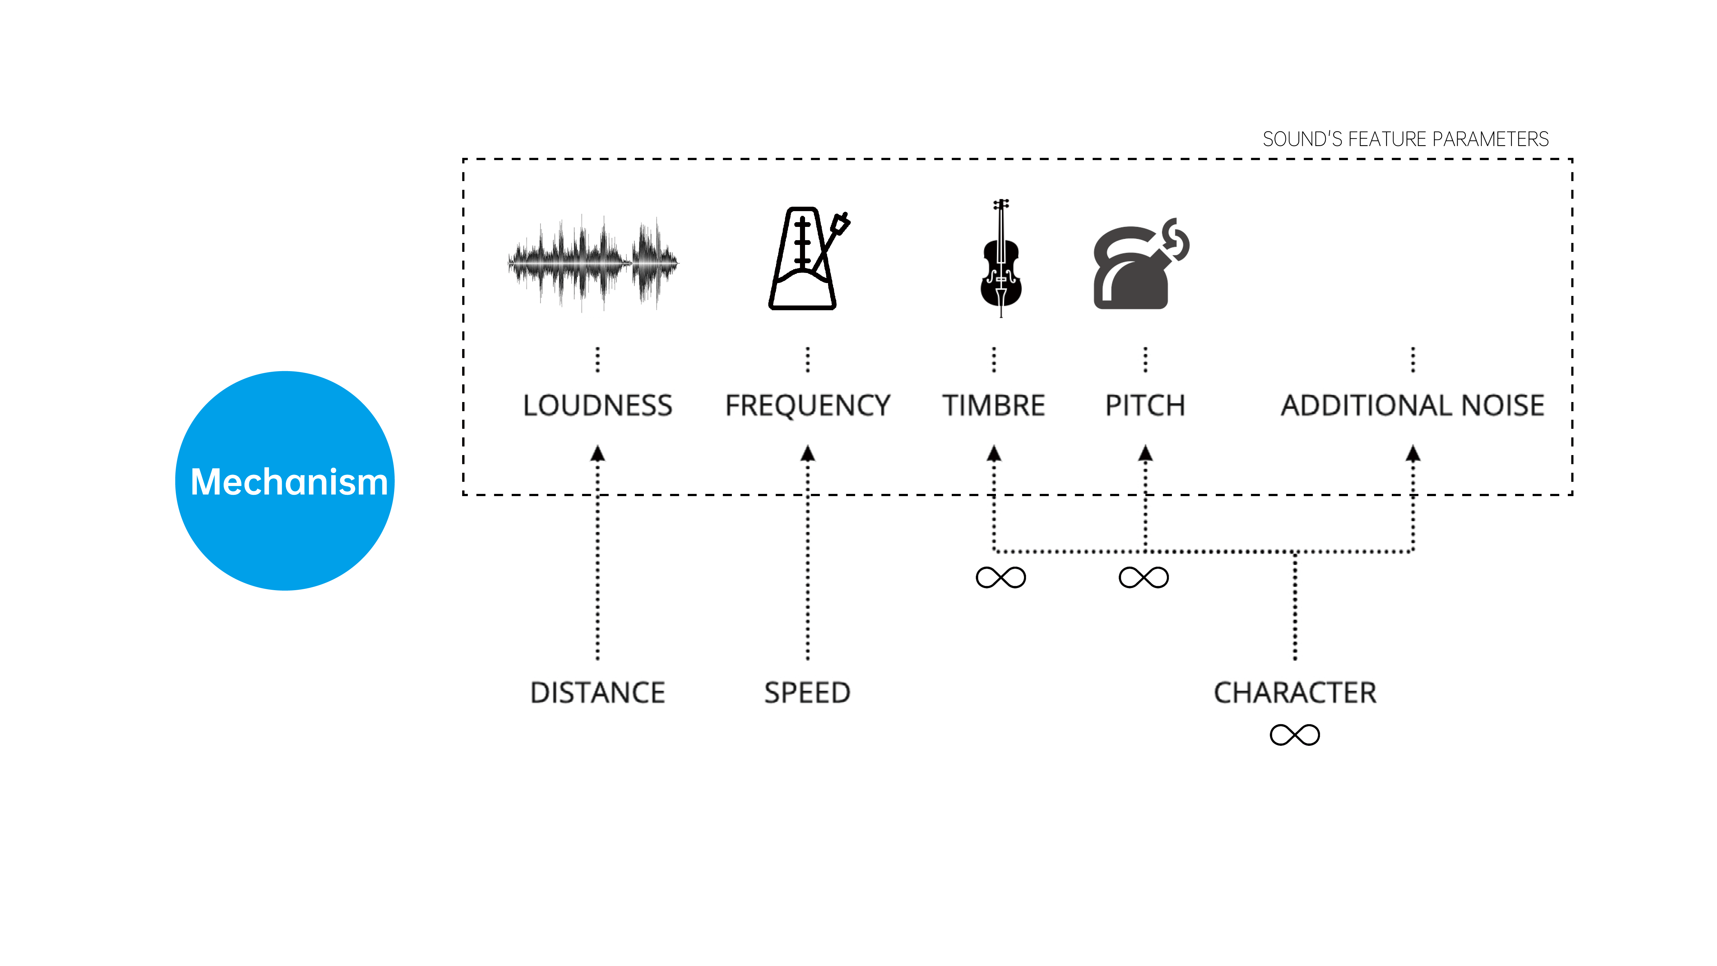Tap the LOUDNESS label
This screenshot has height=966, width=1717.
pyautogui.click(x=597, y=405)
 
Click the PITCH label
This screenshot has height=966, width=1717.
pyautogui.click(x=1145, y=405)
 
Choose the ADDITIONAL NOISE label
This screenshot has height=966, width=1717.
pyautogui.click(x=1412, y=405)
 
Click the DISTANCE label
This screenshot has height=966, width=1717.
pyautogui.click(x=597, y=693)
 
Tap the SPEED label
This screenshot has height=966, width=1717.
pyautogui.click(x=807, y=693)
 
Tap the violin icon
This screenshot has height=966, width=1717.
pyautogui.click(x=1001, y=258)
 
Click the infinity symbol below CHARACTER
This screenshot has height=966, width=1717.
pyautogui.click(x=1294, y=735)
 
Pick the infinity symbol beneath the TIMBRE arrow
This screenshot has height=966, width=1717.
pyautogui.click(x=1001, y=577)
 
